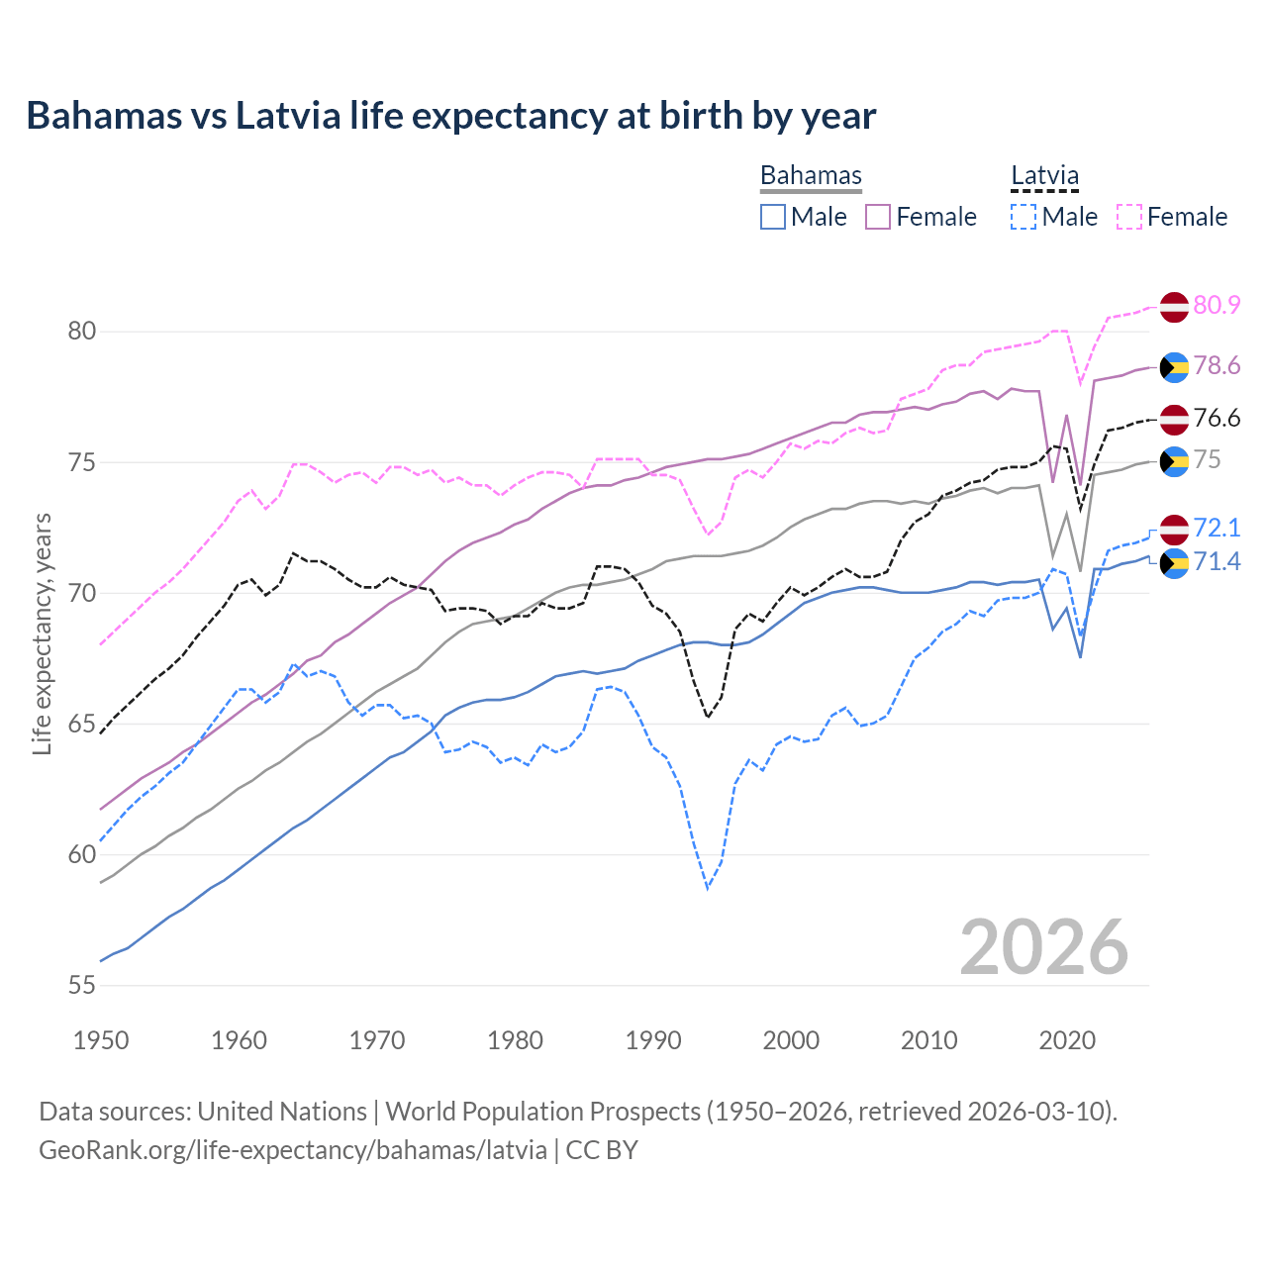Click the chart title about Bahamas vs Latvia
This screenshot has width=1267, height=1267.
click(450, 116)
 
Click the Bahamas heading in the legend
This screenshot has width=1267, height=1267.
click(811, 175)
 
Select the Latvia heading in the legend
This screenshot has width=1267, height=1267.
click(1044, 175)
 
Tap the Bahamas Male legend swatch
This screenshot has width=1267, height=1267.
click(773, 217)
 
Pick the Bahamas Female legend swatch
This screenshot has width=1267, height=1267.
click(878, 217)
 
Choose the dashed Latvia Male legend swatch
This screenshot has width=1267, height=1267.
click(1023, 217)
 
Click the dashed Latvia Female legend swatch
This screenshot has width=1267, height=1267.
click(1128, 217)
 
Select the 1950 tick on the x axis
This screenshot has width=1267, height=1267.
click(101, 1040)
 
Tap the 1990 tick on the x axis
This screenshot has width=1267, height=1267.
click(653, 1040)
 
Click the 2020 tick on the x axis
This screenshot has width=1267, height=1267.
click(1067, 1040)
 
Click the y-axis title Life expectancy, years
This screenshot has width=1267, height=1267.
click(42, 633)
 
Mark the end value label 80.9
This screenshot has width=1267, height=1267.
click(1217, 305)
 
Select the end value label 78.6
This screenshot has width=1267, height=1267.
click(1217, 366)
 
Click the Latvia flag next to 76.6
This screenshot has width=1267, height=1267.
click(1174, 419)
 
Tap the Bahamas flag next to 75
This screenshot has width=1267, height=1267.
click(1174, 461)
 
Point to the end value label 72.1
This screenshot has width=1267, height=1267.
click(1217, 528)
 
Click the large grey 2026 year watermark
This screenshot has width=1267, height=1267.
click(1043, 947)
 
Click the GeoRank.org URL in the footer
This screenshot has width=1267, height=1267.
click(293, 1150)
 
